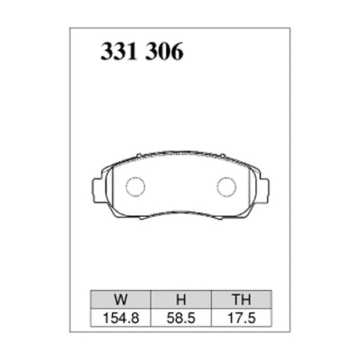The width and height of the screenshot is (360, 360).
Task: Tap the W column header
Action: pos(118,299)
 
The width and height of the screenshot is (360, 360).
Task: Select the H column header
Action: pos(178,299)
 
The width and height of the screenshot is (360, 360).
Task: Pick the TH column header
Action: pos(239,299)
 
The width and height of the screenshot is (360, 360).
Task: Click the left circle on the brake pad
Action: pos(136,187)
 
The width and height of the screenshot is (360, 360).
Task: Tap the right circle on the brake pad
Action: pos(225,187)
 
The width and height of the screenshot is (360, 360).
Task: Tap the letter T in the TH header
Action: pos(233,299)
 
